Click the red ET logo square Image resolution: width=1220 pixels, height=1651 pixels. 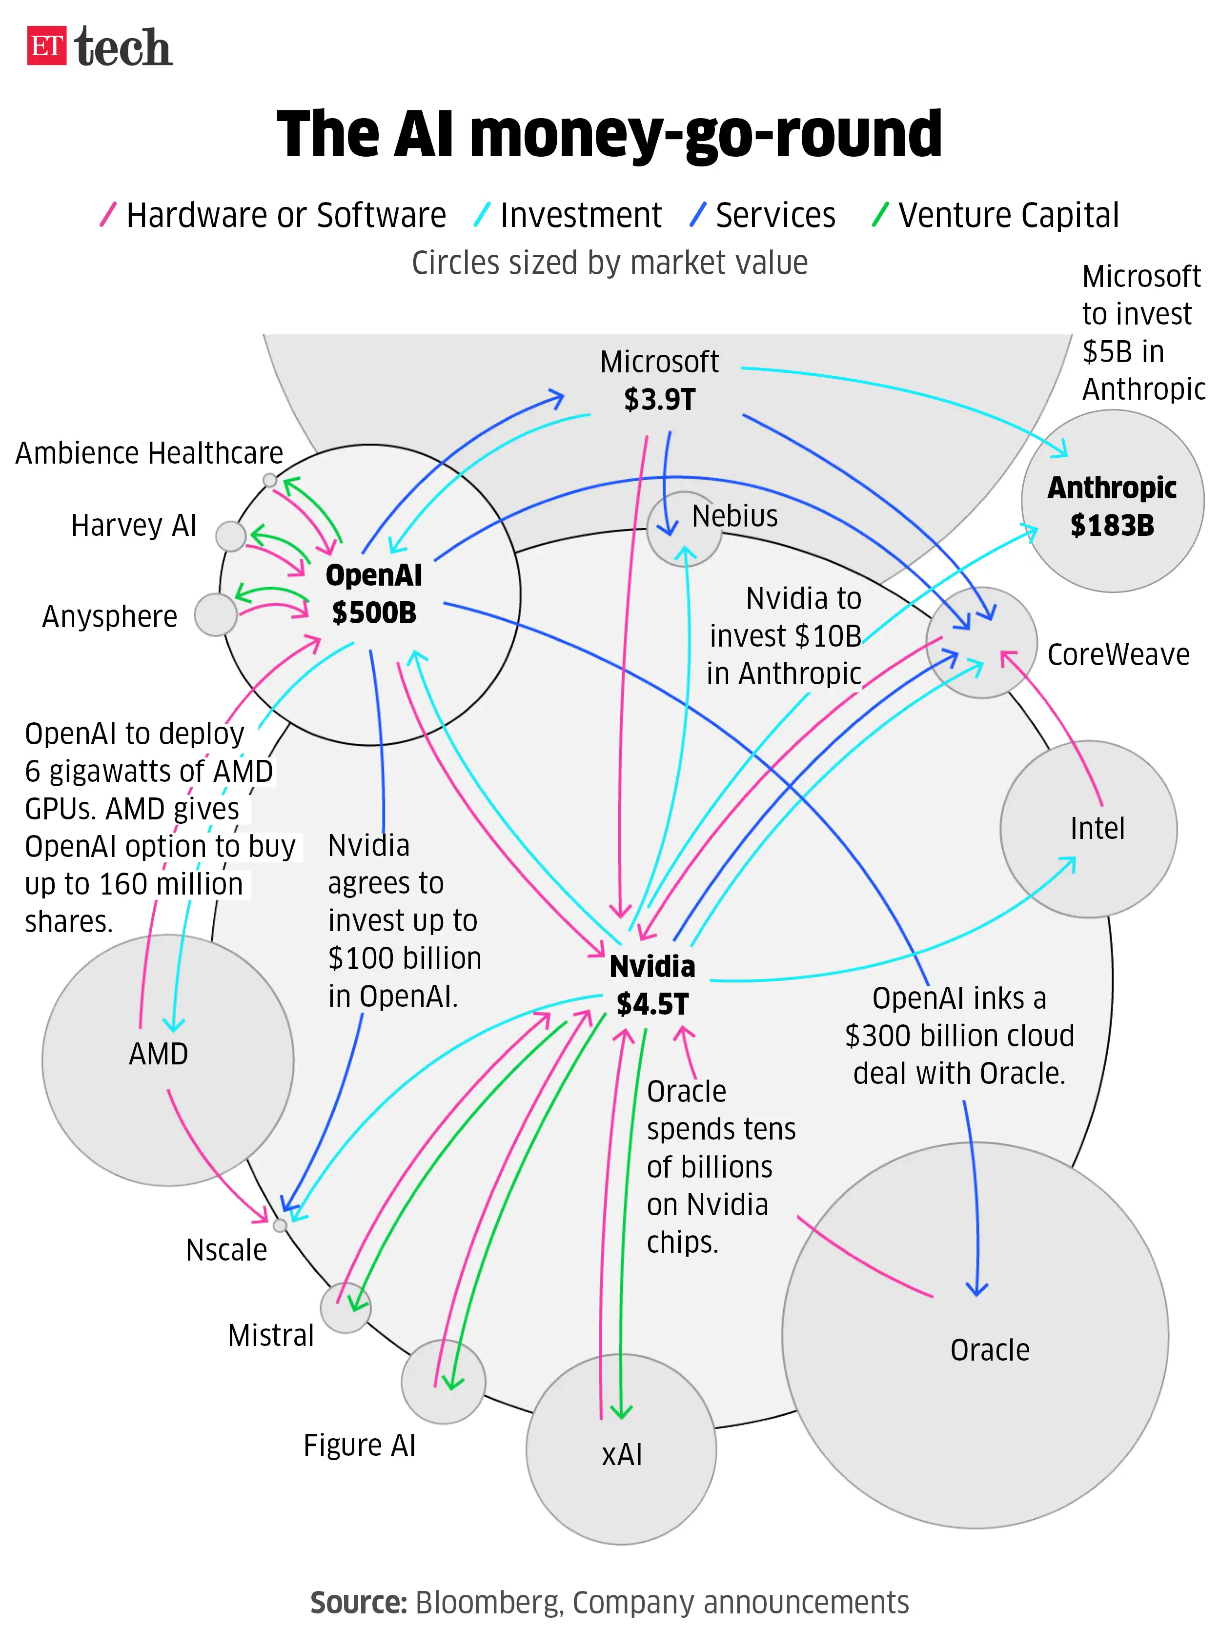(46, 46)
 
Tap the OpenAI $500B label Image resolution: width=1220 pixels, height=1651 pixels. (374, 593)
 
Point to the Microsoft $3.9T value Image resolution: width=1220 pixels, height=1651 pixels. (659, 400)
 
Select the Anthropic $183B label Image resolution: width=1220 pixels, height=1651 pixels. (1112, 507)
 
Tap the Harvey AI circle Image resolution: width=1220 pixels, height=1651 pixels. (230, 536)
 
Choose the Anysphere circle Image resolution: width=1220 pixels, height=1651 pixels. (216, 614)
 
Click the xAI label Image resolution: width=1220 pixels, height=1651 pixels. (622, 1455)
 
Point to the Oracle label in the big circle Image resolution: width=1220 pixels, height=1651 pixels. (990, 1350)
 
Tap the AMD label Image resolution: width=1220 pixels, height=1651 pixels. (158, 1054)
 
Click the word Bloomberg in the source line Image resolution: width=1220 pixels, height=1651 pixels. (488, 1602)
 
